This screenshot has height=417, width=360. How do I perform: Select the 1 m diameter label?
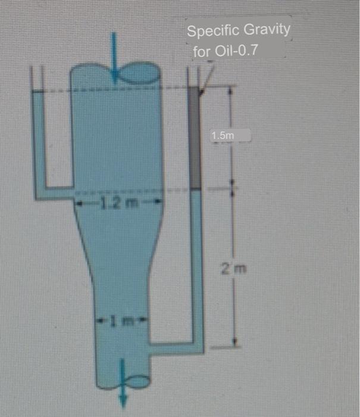click(x=121, y=322)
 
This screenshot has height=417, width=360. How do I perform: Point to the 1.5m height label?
click(x=223, y=136)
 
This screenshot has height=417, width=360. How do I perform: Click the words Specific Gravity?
click(x=238, y=30)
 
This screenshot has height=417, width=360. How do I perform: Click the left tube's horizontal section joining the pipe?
click(x=54, y=194)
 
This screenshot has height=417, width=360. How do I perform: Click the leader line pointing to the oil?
click(x=206, y=77)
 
